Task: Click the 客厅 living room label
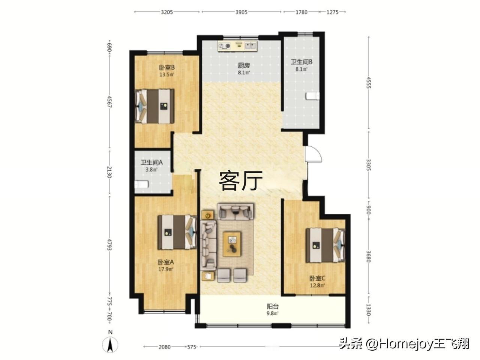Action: point(241,181)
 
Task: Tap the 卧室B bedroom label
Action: point(166,67)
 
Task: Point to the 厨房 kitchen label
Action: point(244,65)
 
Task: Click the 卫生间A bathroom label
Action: point(151,162)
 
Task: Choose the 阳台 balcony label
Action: point(272,306)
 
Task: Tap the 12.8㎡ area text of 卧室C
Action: point(317,285)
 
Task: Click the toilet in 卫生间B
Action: point(312,96)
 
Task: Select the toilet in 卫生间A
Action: point(141,184)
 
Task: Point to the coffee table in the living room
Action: point(232,244)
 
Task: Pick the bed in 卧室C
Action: point(325,245)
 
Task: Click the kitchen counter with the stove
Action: point(237,46)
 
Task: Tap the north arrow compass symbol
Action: point(110,345)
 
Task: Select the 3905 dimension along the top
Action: point(241,12)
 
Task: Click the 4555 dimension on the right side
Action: point(369,82)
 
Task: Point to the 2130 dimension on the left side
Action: point(109,172)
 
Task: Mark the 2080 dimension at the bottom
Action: point(165,347)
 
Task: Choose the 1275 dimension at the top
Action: point(332,12)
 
